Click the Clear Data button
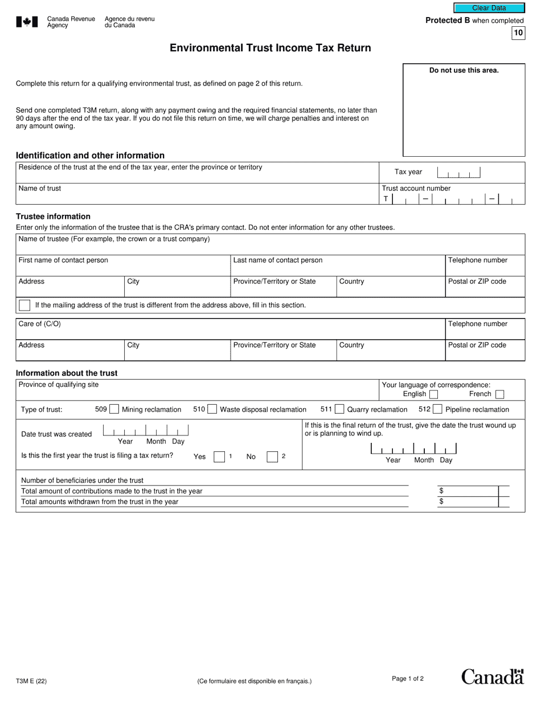point(489,8)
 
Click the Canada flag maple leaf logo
point(27,22)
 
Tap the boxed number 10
point(518,33)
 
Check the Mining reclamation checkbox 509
point(114,409)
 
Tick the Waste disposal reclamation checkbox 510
point(212,409)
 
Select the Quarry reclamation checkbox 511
point(339,409)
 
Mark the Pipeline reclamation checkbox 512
point(437,409)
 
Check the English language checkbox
point(433,394)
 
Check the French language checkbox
point(499,394)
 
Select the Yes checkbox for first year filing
point(219,457)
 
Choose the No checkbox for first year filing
point(272,457)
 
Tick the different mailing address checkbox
point(24,305)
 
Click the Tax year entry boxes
point(458,172)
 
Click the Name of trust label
point(40,189)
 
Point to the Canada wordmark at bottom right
point(492,676)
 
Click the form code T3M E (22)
point(31,680)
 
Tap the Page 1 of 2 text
point(408,678)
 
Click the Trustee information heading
point(53,217)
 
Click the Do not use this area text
point(464,71)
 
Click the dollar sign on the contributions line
point(441,491)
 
